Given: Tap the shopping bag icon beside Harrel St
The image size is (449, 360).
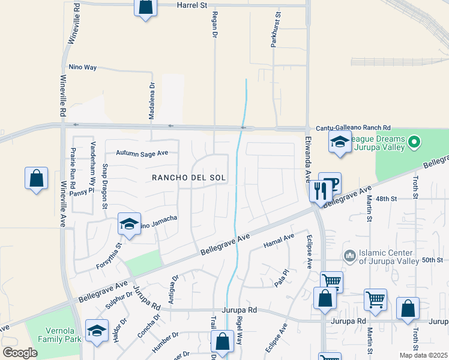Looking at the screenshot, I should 145,7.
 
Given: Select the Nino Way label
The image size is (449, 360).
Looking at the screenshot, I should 83,67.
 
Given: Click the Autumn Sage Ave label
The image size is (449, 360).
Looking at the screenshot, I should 142,153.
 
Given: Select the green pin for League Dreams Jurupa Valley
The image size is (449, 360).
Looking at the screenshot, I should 412,142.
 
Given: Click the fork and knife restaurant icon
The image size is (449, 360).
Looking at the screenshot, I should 319,190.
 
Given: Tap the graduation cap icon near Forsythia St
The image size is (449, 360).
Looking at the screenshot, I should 129,224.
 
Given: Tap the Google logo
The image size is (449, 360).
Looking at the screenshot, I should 20,353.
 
